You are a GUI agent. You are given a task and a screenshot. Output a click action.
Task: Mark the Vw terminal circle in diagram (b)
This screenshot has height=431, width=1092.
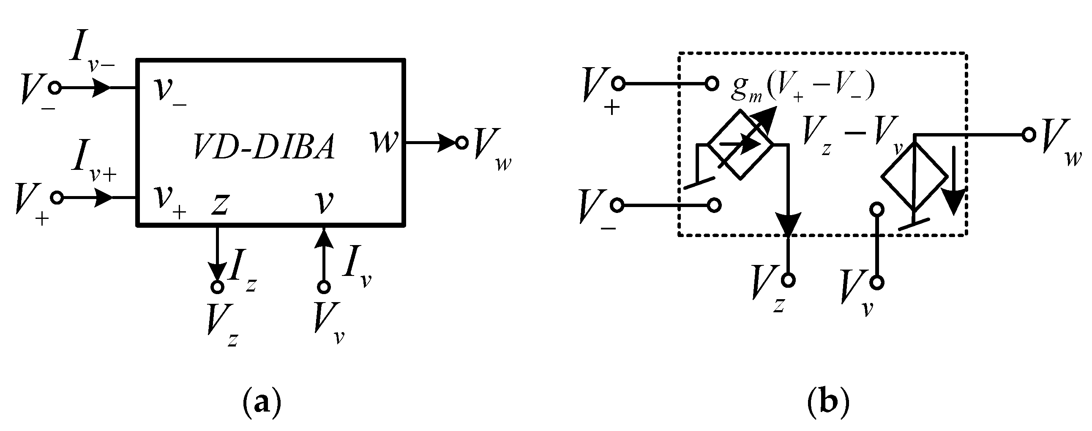pyautogui.click(x=1029, y=135)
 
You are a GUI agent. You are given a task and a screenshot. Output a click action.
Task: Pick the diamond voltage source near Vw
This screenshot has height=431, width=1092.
pyautogui.click(x=914, y=176)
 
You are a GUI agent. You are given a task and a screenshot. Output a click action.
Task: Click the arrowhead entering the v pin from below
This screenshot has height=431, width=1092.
pyautogui.click(x=324, y=237)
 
